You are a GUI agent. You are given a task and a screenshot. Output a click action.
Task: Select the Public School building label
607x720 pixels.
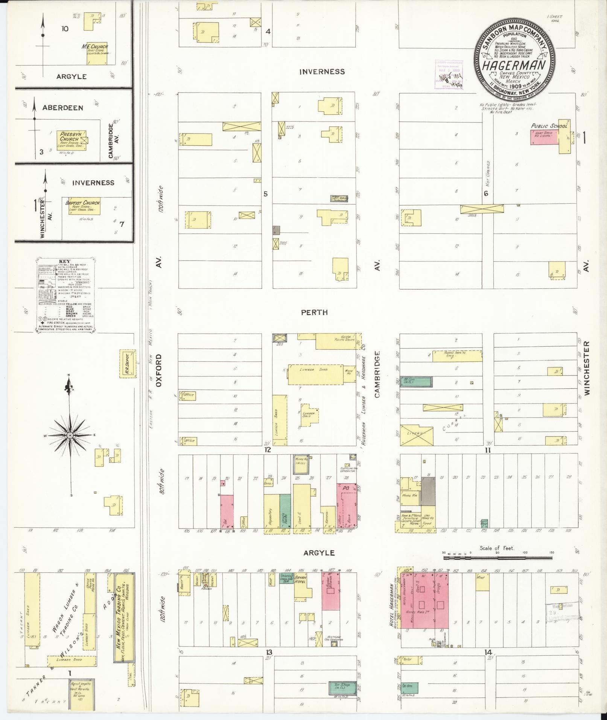pos(549,126)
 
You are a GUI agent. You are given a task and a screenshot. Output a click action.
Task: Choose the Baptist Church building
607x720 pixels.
pos(84,206)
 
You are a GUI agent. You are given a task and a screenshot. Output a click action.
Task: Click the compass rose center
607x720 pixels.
pos(70,435)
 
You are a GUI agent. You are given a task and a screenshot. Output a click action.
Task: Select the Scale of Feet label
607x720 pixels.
pos(496,548)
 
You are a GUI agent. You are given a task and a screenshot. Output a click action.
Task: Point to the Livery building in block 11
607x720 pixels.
pos(416,434)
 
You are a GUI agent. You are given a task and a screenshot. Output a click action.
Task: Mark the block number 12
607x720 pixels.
pos(267,449)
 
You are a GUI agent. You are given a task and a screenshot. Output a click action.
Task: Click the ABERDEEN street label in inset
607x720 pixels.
pos(62,108)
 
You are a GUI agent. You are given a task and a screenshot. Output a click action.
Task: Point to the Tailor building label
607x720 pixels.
pos(408,659)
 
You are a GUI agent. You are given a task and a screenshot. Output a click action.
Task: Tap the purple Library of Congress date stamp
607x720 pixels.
pos(449,75)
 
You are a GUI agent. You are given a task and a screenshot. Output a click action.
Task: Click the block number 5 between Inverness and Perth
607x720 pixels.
pos(265,194)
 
